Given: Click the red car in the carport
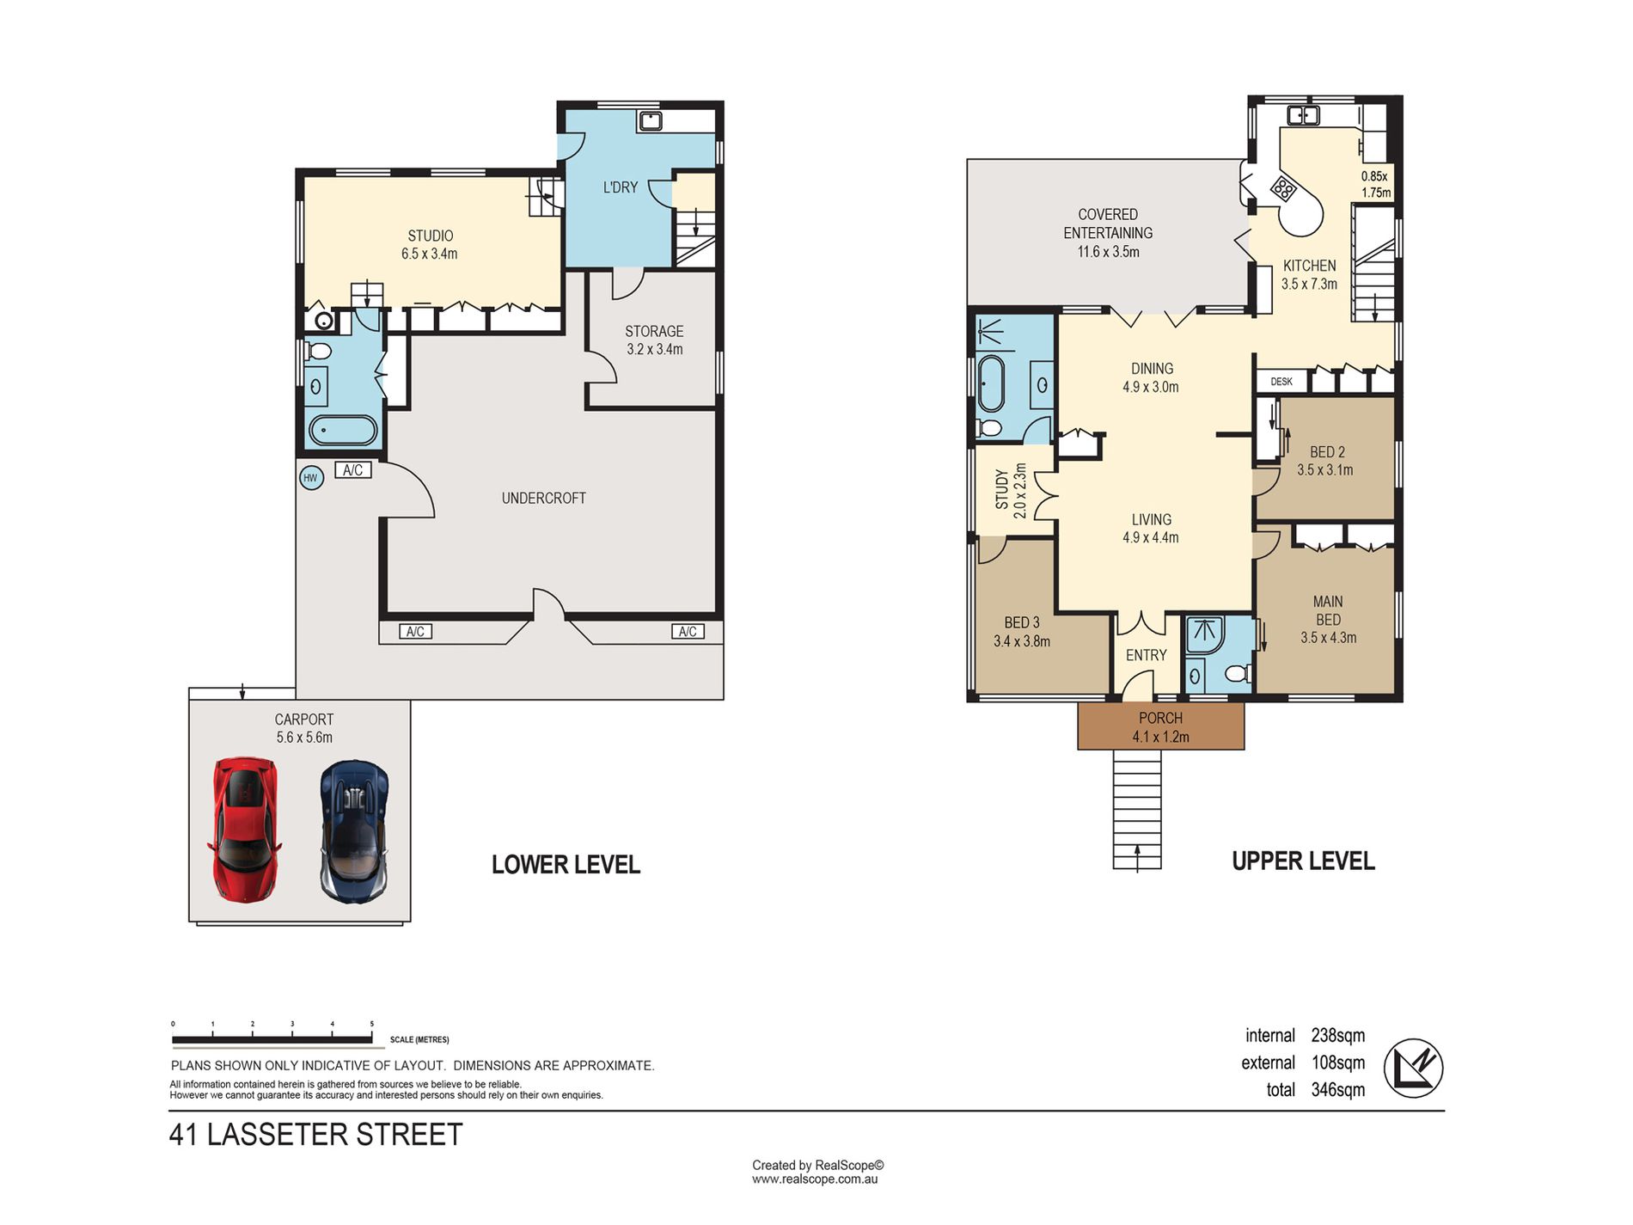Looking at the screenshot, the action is click(244, 829).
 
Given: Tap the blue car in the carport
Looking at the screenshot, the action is click(354, 830).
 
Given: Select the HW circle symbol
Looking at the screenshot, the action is click(311, 478).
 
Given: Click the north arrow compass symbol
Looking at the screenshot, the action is click(1413, 1068).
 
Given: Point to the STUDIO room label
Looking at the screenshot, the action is click(430, 236).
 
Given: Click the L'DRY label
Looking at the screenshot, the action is click(620, 187).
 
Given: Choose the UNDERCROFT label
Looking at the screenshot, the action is click(543, 498).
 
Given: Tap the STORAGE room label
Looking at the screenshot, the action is click(654, 331).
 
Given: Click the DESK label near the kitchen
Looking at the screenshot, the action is click(1281, 381).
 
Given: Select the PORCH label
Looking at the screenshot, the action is click(1160, 718).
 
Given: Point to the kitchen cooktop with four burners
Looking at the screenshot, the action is click(1283, 188).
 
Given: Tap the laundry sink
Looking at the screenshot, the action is click(650, 120).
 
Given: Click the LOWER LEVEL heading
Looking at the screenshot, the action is click(566, 865).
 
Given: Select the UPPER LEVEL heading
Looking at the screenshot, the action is click(1303, 861).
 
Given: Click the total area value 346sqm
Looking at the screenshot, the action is click(1337, 1090).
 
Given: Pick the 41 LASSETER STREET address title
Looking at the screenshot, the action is click(315, 1135).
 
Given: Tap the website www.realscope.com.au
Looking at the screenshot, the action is click(815, 1179).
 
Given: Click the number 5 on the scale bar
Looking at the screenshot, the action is click(372, 1024).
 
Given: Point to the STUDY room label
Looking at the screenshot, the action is click(1001, 489).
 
